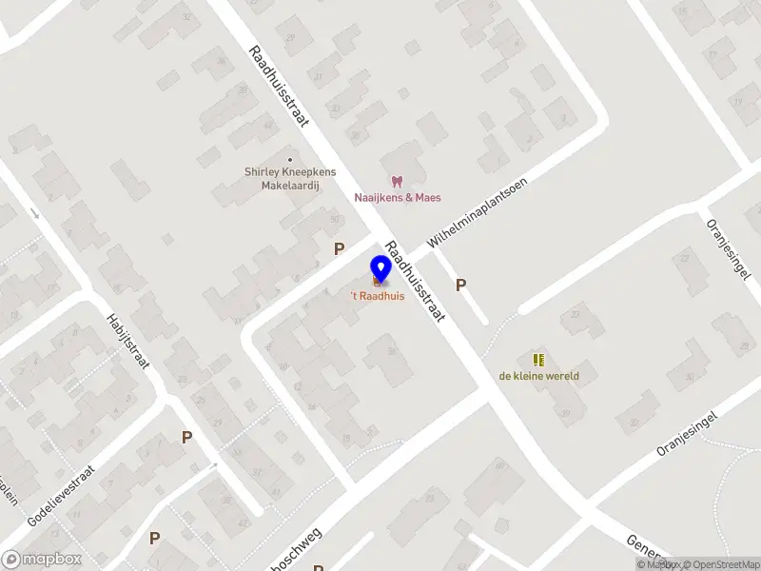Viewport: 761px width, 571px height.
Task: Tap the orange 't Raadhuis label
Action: tap(379, 296)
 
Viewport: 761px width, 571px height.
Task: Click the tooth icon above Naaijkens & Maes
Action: tap(398, 181)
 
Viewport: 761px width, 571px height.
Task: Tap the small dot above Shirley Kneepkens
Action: tap(289, 159)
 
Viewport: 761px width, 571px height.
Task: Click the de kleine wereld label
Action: tap(538, 376)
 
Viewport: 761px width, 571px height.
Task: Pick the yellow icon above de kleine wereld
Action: tap(538, 360)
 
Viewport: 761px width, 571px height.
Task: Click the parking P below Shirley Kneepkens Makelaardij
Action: tap(338, 248)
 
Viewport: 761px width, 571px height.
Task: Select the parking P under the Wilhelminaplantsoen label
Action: tap(461, 285)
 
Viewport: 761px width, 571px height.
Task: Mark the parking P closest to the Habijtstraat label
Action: tap(186, 437)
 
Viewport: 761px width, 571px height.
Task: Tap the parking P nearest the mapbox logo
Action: tap(154, 538)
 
